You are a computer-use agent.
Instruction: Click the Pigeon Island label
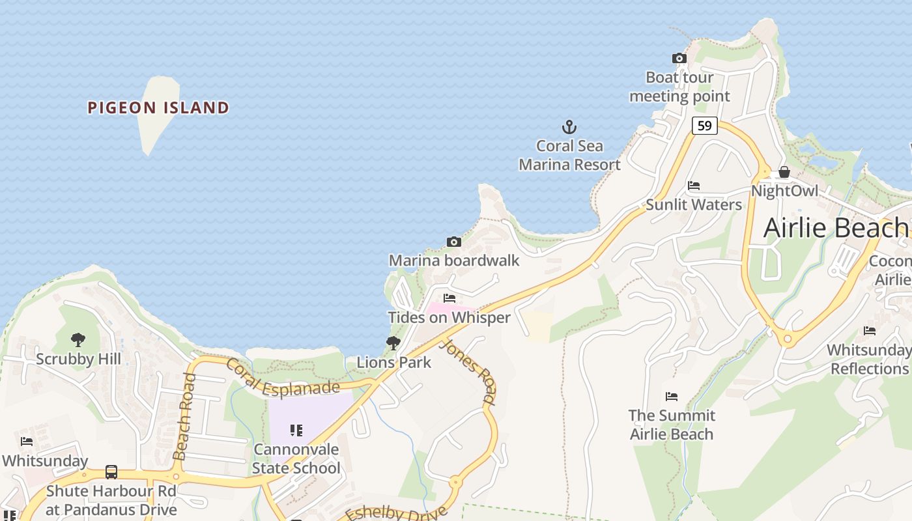tap(158, 107)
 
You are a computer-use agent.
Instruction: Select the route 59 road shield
tap(704, 125)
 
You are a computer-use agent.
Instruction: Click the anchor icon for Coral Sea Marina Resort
tap(569, 126)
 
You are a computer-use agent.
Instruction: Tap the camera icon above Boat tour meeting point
tap(679, 59)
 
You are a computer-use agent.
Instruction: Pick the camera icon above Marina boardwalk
tap(454, 242)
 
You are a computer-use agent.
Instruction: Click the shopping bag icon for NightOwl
tap(784, 172)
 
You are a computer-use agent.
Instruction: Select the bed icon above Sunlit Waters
tap(694, 186)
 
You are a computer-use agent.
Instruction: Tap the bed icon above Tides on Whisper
tap(449, 298)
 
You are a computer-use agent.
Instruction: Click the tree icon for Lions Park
tap(393, 343)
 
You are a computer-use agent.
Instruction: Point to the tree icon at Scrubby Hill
tap(78, 339)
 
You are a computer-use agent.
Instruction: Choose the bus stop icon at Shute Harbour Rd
tap(111, 472)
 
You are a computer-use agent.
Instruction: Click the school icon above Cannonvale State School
tap(296, 430)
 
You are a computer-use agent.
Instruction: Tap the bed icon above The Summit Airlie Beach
tap(672, 396)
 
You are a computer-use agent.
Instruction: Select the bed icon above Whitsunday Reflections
tap(870, 331)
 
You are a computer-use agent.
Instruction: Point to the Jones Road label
tap(468, 371)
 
